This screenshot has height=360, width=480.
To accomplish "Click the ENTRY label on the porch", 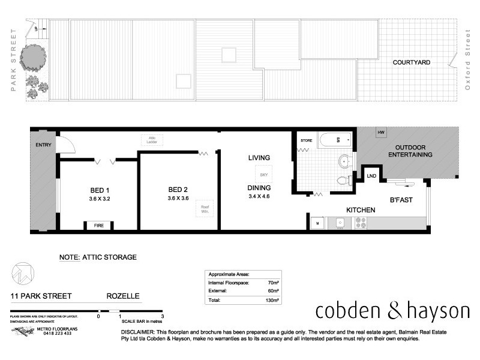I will point(44,145).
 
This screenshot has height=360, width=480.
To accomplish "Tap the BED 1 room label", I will point(100,190).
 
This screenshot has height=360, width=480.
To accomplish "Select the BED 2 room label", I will point(179,190).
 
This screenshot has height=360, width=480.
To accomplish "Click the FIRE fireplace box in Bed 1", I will point(99,226).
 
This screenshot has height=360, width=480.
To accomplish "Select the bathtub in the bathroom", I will point(333,141).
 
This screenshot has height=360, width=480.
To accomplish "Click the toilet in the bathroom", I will point(344,180).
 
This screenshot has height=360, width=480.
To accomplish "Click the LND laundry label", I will point(372,176).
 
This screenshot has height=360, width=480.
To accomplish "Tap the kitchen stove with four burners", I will point(361,222).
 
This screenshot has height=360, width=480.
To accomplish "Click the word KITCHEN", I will point(360,210).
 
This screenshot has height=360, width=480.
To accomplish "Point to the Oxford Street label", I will point(468,62).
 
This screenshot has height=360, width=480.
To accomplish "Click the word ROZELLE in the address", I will point(123,296).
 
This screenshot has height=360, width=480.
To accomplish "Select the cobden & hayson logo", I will point(393,311).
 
